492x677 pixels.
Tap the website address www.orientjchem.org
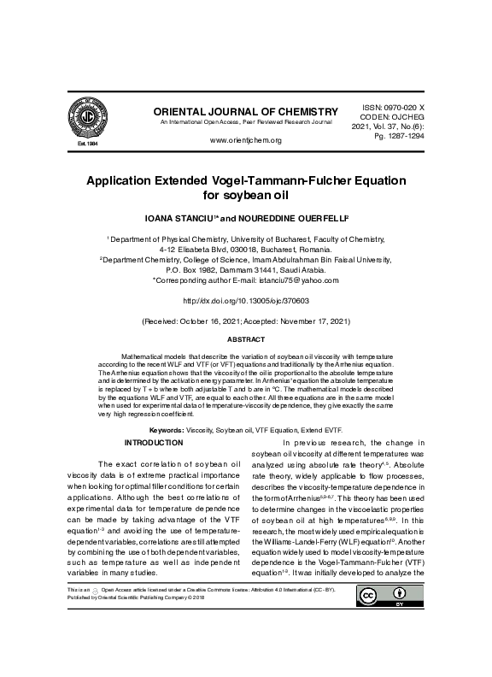point(246,140)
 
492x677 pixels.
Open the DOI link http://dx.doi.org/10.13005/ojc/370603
point(246,301)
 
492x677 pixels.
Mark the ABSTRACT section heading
point(246,339)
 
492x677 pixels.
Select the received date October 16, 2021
point(213,322)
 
